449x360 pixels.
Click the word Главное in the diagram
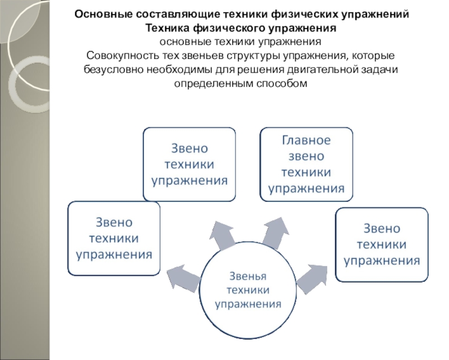pyautogui.click(x=306, y=140)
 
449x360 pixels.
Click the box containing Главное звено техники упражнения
pyautogui.click(x=306, y=164)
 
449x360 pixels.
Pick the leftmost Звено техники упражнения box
pyautogui.click(x=114, y=239)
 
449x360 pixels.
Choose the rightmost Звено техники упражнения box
pyautogui.click(x=382, y=244)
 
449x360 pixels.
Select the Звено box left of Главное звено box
pyautogui.click(x=189, y=164)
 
